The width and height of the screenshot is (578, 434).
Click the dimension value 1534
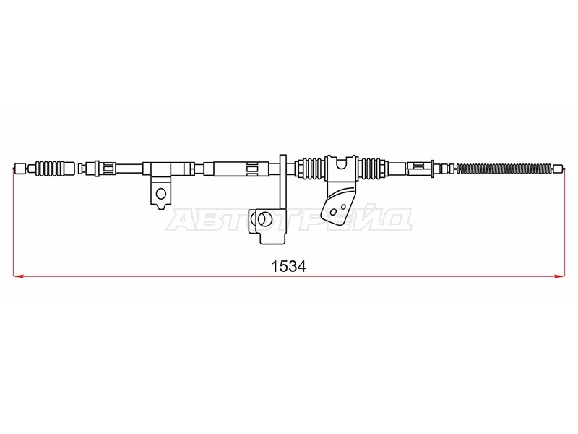(288, 266)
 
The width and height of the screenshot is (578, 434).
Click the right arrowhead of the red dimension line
(559, 276)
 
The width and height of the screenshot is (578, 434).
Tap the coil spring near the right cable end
(505, 169)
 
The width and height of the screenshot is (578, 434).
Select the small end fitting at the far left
(21, 169)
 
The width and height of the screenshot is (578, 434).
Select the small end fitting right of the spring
(558, 169)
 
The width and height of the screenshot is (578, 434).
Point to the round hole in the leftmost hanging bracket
(160, 193)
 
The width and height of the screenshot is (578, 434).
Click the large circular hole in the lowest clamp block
(264, 219)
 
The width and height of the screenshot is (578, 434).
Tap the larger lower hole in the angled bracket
(333, 212)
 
